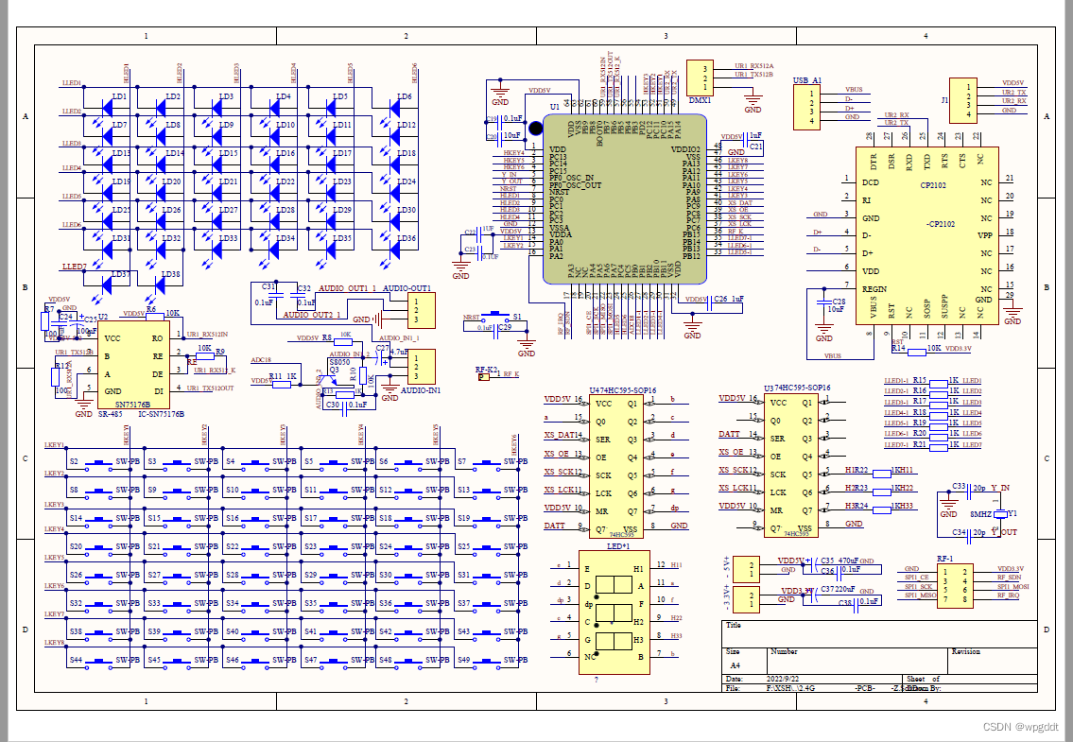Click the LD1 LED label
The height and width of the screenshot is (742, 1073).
119,97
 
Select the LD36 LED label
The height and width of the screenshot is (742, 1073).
406,238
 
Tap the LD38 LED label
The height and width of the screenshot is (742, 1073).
170,275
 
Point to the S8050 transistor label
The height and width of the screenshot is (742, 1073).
337,362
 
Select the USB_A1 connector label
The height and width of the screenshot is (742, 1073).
807,81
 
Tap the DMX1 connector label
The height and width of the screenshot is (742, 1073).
700,99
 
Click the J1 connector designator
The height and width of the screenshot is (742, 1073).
944,98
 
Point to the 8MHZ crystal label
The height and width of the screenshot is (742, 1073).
980,513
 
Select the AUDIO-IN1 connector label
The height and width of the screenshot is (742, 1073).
421,389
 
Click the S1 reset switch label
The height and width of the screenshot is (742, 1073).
517,317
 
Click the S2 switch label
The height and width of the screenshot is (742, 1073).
75,462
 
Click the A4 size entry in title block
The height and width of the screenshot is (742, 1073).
736,665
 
